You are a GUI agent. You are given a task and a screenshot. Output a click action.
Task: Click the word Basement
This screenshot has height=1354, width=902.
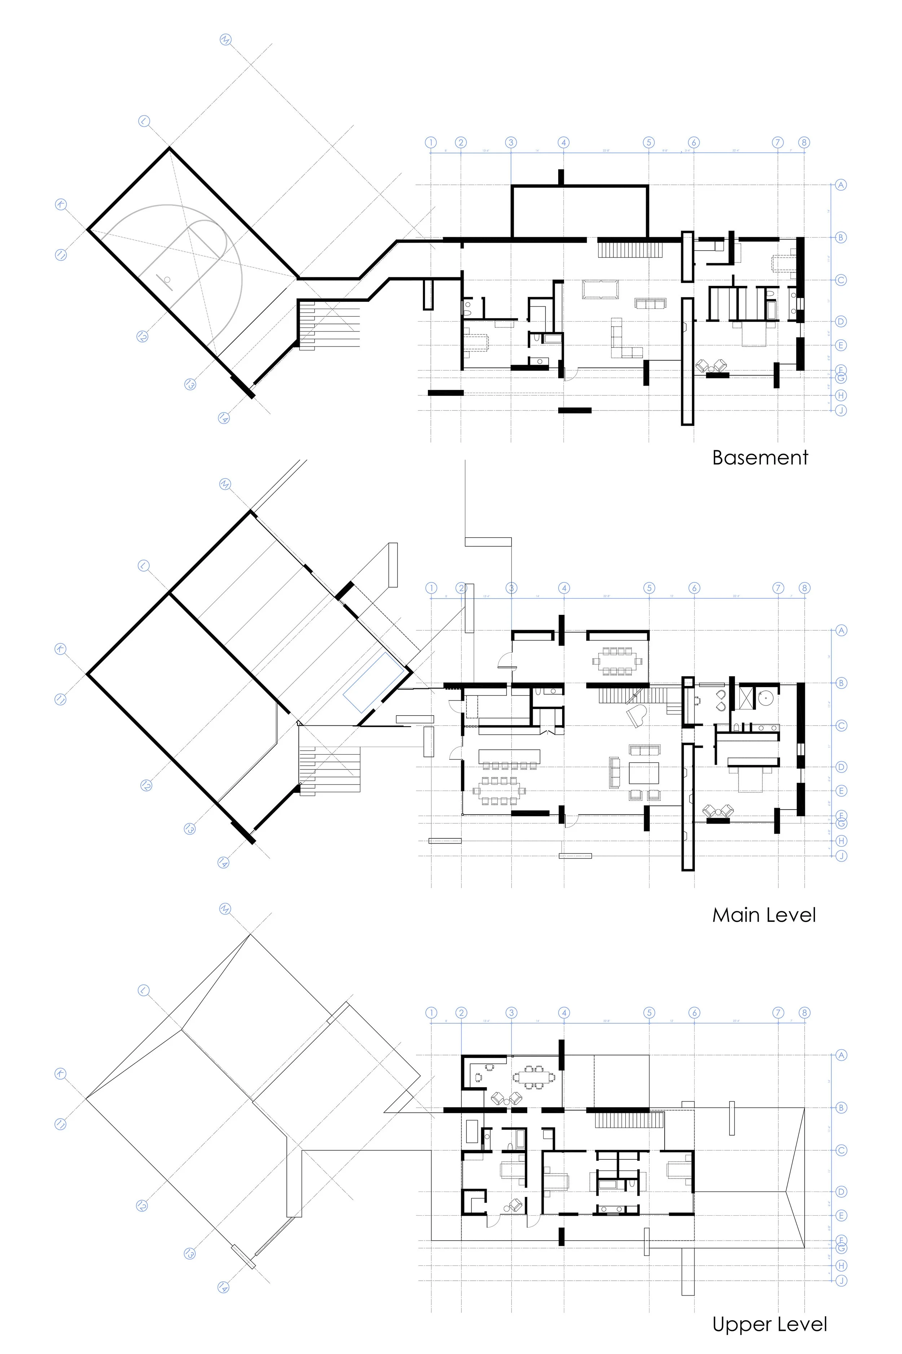pyautogui.click(x=759, y=458)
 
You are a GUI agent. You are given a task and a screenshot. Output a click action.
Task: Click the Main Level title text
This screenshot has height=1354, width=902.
pyautogui.click(x=763, y=915)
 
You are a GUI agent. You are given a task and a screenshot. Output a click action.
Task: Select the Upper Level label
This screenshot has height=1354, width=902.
pyautogui.click(x=769, y=1324)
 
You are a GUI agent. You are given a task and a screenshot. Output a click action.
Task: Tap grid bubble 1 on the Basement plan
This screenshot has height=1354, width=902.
pyautogui.click(x=431, y=142)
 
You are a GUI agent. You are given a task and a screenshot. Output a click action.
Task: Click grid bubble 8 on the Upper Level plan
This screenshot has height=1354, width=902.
pyautogui.click(x=804, y=1013)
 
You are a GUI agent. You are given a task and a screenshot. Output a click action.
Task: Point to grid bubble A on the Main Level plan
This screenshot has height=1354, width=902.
pyautogui.click(x=841, y=630)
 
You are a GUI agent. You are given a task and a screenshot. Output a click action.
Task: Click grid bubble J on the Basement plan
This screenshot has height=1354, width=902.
pyautogui.click(x=841, y=411)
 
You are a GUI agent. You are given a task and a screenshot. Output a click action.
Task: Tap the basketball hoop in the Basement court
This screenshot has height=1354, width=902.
pyautogui.click(x=167, y=280)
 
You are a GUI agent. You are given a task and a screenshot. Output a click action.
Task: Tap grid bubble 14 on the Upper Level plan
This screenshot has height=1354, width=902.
pyautogui.click(x=223, y=1287)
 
